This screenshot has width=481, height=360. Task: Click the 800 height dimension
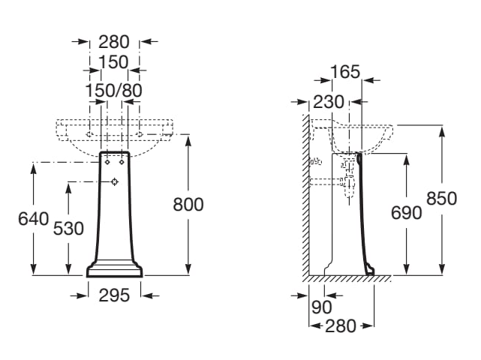[x=188, y=205]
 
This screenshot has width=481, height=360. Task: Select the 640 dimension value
[x=34, y=219]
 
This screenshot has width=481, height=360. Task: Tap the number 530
[x=68, y=229]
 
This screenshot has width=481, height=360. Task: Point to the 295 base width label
[x=114, y=295]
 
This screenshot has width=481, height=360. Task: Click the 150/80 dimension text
[x=113, y=91]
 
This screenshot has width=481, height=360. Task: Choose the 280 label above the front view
[x=114, y=42]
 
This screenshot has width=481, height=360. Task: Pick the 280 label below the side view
[x=341, y=326]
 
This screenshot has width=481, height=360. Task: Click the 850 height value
[x=442, y=199]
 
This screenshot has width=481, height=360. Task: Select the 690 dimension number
[x=407, y=213]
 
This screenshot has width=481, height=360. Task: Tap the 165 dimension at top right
[x=345, y=72]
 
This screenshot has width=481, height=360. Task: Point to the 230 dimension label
[x=329, y=102]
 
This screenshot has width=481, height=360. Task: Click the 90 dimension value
[x=321, y=307]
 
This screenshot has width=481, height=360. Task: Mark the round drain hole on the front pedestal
[x=115, y=181]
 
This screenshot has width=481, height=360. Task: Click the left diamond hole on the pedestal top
[x=107, y=162]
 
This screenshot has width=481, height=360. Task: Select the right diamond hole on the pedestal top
[x=122, y=162]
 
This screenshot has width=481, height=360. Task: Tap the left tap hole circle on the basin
[x=89, y=134]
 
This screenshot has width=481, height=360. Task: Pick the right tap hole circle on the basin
[x=140, y=134]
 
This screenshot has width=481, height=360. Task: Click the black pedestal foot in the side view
[x=370, y=271]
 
